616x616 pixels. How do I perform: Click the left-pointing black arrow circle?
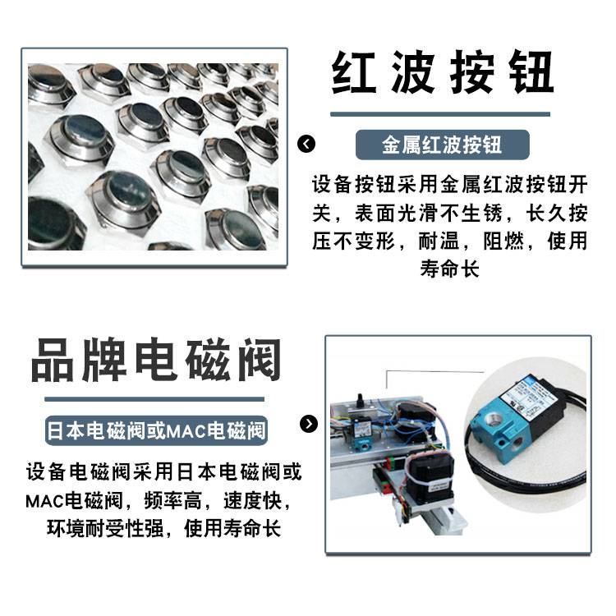pyautogui.click(x=306, y=144)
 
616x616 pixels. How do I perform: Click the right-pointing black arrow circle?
pyautogui.click(x=309, y=424)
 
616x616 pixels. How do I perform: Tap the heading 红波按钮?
pyautogui.click(x=443, y=72)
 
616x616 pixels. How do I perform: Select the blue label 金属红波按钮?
pyautogui.click(x=443, y=145)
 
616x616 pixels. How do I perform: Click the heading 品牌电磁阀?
pyautogui.click(x=156, y=360)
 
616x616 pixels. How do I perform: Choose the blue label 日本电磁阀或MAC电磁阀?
pyautogui.click(x=156, y=430)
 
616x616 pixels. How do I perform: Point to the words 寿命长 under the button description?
pyautogui.click(x=450, y=269)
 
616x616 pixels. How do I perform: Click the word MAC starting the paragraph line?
pyautogui.click(x=45, y=501)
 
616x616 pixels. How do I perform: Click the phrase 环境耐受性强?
pyautogui.click(x=105, y=528)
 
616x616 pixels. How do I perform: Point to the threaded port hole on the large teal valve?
pyautogui.click(x=490, y=420)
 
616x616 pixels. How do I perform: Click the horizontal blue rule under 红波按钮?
pyautogui.click(x=440, y=114)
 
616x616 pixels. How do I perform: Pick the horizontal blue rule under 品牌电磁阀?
pyautogui.click(x=154, y=399)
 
